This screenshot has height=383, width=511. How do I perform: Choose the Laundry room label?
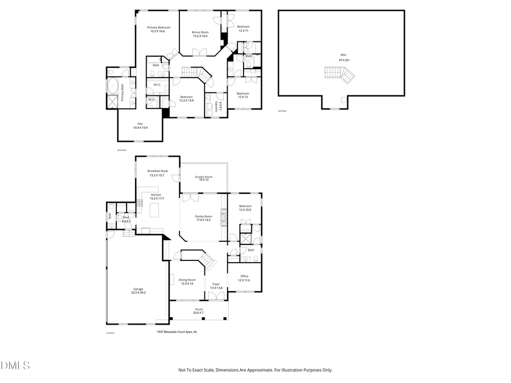click(x=216, y=106)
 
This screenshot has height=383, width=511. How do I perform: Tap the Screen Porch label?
click(x=203, y=178)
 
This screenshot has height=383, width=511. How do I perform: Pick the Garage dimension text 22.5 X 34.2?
click(x=139, y=292)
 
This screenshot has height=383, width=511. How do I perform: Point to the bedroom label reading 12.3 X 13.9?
click(x=186, y=99)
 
